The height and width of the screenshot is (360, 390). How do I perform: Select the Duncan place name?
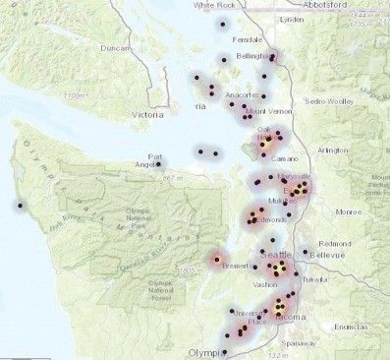pyautogui.click(x=116, y=47)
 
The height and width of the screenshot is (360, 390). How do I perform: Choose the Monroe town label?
pyautogui.click(x=349, y=211)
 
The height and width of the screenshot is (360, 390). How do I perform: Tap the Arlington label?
pyautogui.click(x=332, y=150)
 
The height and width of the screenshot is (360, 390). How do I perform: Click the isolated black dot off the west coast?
pyautogui.click(x=19, y=206)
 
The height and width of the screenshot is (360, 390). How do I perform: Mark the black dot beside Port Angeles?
pyautogui.click(x=158, y=163)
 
